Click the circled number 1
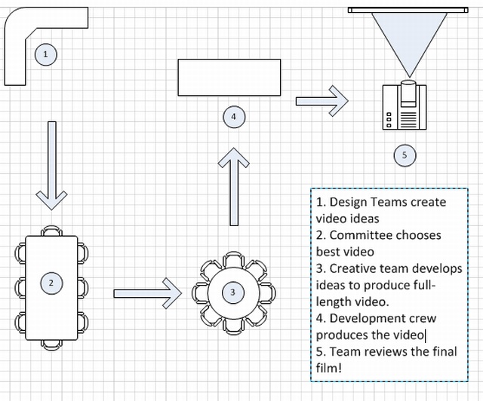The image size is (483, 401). [46, 54]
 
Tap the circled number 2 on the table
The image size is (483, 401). [51, 283]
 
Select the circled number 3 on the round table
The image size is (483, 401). [232, 292]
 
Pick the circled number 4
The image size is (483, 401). [234, 116]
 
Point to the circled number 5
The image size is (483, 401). [405, 155]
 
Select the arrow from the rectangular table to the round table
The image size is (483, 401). [147, 292]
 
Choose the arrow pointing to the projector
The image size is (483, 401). [321, 100]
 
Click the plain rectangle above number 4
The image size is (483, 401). [229, 77]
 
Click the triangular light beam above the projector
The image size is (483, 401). [406, 41]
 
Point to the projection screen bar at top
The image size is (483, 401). [406, 10]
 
